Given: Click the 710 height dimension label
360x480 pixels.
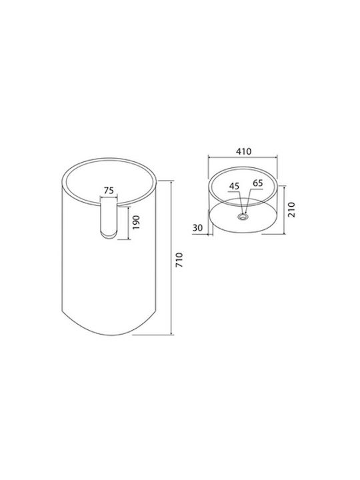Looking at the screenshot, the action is tap(179, 259).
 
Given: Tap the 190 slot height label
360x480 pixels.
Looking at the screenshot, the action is tap(135, 223).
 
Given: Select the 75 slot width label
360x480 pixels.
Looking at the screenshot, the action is tap(109, 191).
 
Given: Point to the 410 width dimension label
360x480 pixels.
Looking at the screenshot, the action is tap(243, 151).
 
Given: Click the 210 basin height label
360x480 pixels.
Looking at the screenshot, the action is tap(292, 209).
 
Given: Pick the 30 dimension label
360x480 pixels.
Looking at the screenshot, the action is tap(198, 228).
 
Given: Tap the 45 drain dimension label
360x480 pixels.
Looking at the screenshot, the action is tap(234, 186).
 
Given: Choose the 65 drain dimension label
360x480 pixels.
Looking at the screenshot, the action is tap(258, 183).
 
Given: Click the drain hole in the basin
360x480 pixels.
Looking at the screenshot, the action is tap(243, 217).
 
